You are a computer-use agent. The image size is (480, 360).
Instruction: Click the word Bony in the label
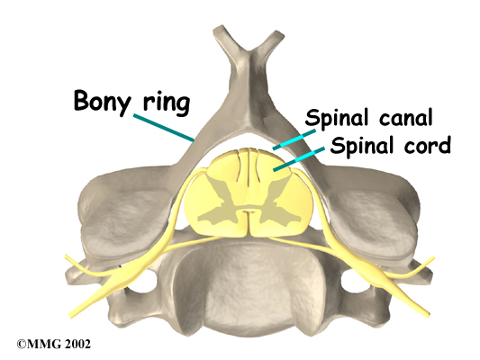tap(103, 102)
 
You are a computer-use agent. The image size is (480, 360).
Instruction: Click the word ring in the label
tap(167, 103)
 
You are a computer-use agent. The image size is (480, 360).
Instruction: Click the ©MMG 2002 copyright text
tap(54, 344)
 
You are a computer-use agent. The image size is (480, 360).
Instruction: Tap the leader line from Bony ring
tap(164, 128)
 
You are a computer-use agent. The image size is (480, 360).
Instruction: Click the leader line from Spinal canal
tap(294, 139)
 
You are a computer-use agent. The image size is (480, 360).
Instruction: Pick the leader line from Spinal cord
tap(299, 159)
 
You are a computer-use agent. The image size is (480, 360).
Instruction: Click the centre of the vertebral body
tap(249, 286)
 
